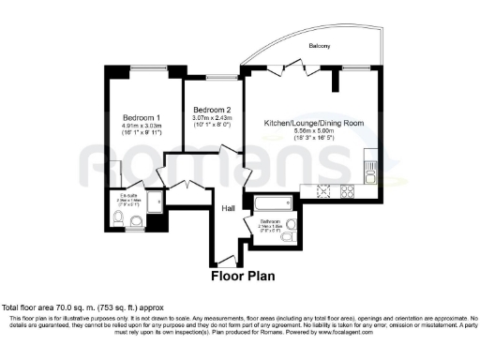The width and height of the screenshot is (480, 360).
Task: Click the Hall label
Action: coord(228,209)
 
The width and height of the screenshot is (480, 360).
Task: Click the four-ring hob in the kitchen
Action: coord(346,192)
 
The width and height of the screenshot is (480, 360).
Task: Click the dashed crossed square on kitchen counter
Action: coord(325,192)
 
